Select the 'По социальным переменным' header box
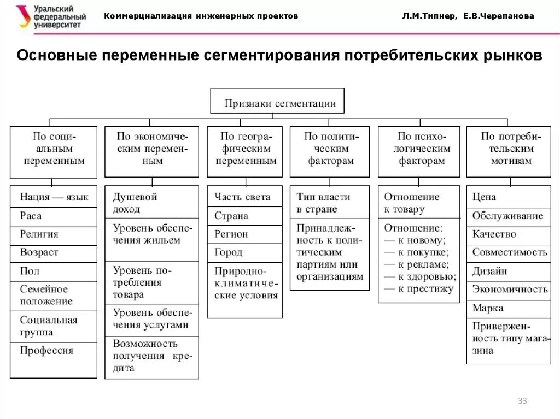(53, 149)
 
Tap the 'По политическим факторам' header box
(330, 149)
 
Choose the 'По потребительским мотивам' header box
(508, 149)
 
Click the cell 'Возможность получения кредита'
(151, 356)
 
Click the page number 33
(522, 402)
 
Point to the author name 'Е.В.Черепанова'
(498, 16)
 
